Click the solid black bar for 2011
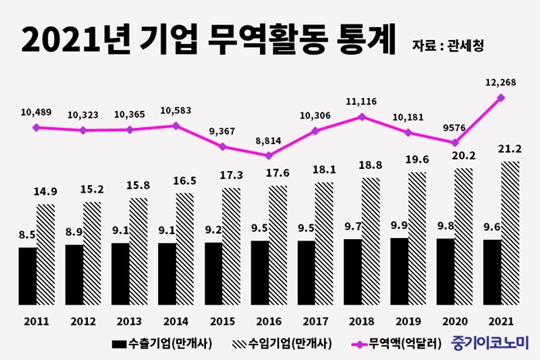coord(27,275)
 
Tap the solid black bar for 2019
coord(400,271)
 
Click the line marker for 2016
coord(268,156)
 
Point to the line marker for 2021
coord(501,98)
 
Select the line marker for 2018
coord(362,117)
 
